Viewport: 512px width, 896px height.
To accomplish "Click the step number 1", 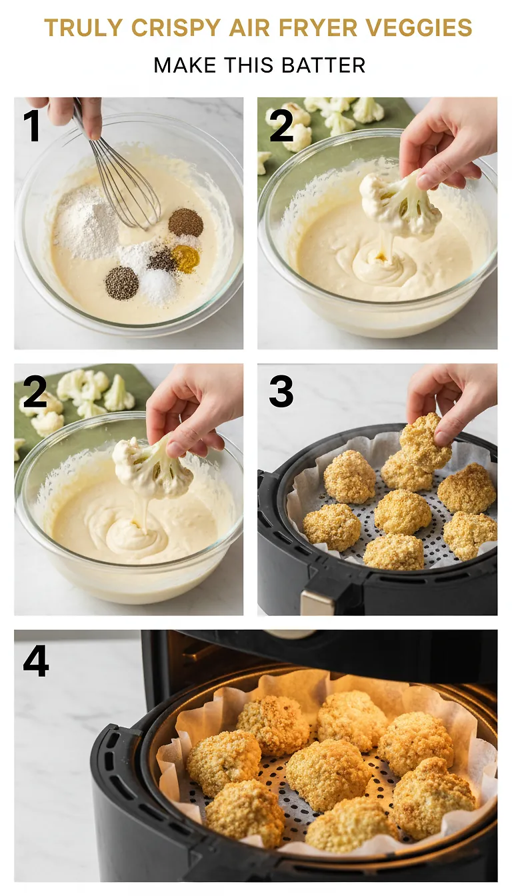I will pos(31,125).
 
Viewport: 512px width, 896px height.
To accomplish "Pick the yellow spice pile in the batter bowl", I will pos(185,259).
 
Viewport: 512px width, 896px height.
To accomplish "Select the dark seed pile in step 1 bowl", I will pos(121,283).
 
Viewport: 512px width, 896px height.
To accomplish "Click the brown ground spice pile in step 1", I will pos(185,223).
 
